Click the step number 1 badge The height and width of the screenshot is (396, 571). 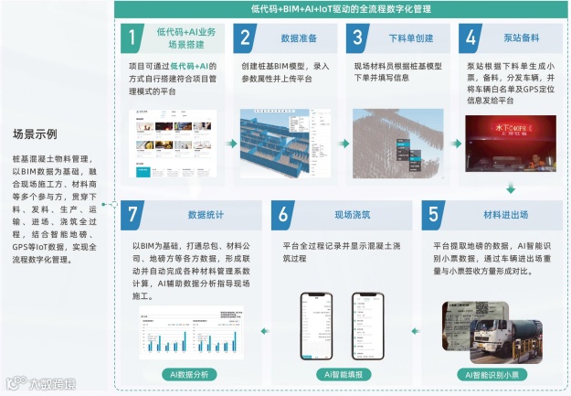click(x=133, y=39)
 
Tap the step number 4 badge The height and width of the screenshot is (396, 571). click(x=471, y=39)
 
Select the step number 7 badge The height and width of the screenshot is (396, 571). click(x=133, y=216)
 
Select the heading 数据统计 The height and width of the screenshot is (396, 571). click(x=206, y=216)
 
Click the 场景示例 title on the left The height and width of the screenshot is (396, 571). click(x=35, y=134)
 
